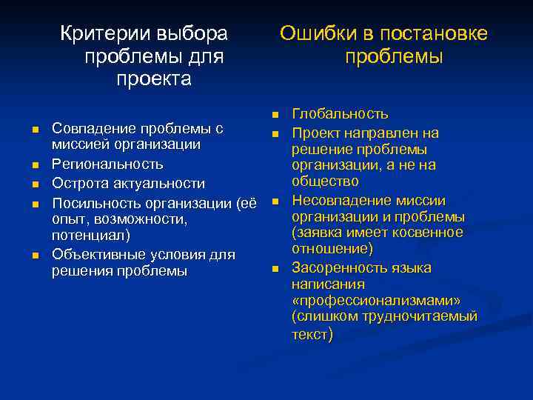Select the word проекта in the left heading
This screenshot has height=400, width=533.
tap(153, 79)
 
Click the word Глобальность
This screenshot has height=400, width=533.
tap(340, 114)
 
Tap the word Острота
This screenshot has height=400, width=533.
tap(81, 183)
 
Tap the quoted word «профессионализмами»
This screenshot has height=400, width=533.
tap(375, 301)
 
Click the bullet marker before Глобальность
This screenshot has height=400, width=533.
tap(274, 115)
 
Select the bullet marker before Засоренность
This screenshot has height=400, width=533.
tap(274, 268)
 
